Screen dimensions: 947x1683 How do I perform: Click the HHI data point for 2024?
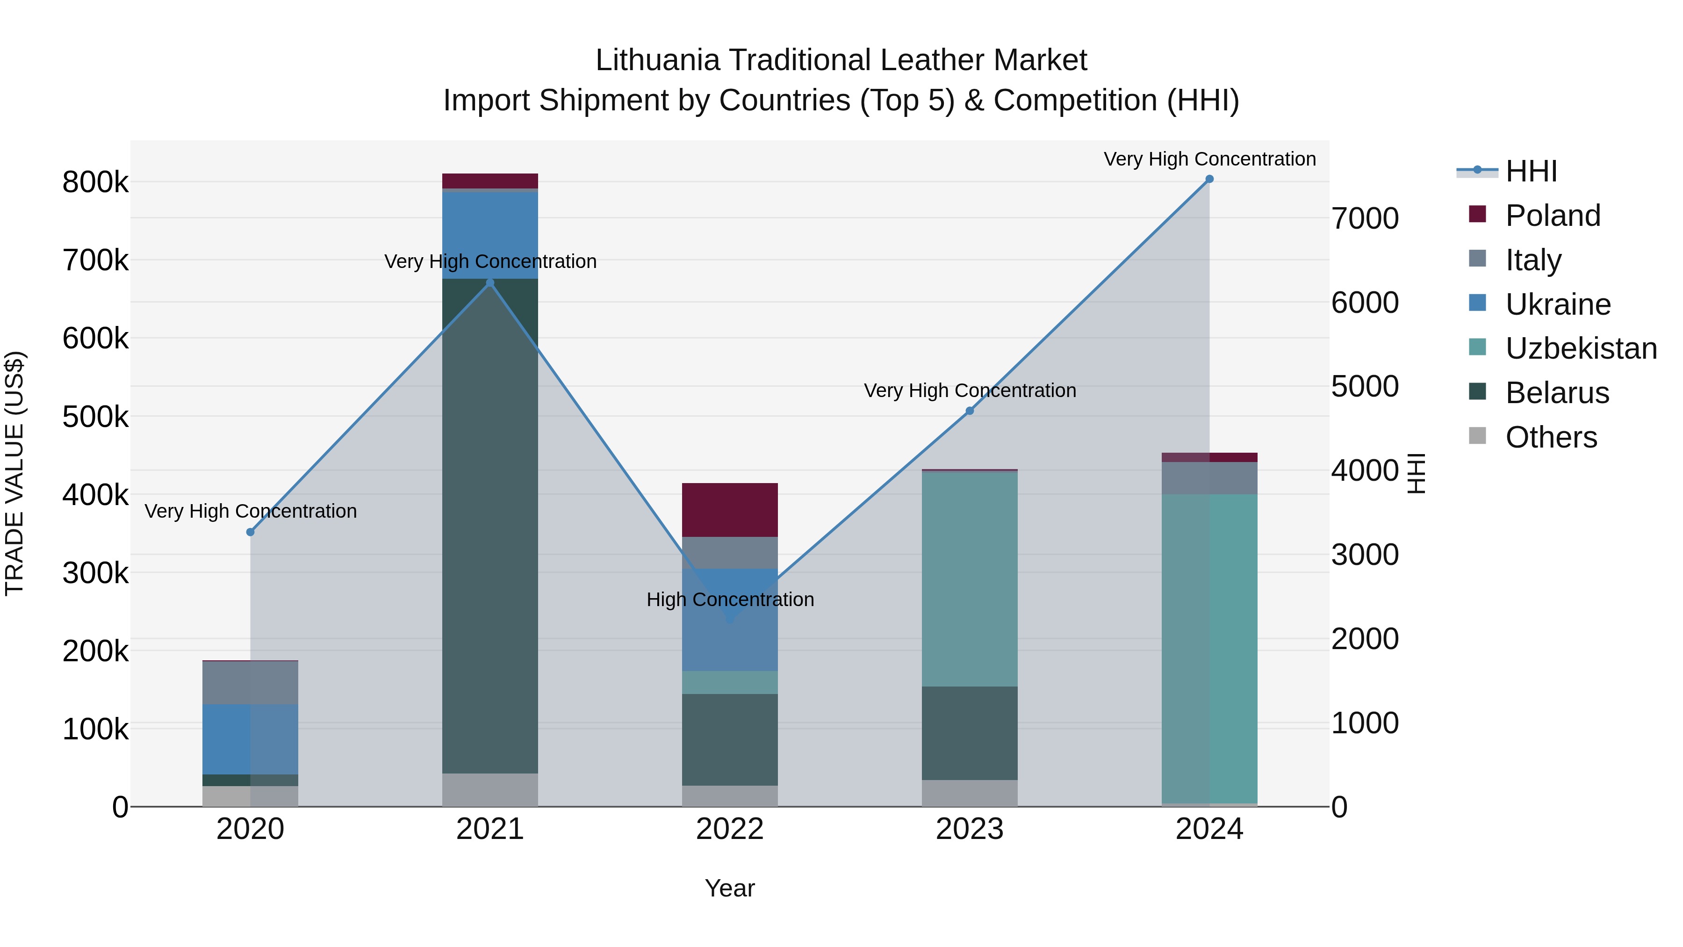1209,179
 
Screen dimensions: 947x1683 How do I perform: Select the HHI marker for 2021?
490,282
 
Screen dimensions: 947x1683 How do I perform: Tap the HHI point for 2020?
250,532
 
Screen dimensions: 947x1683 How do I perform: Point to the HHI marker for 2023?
970,411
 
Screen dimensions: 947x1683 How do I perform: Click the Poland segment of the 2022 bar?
730,510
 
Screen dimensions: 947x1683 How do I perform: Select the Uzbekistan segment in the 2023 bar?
970,578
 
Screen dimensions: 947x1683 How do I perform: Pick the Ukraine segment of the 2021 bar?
490,235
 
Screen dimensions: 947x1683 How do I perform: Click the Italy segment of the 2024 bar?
1209,478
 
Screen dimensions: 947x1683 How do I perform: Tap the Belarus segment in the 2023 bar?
970,733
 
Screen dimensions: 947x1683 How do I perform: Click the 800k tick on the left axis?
95,182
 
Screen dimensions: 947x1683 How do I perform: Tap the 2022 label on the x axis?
730,829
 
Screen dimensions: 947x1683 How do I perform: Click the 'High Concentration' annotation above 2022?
730,600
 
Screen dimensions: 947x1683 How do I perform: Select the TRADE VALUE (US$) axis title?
14,473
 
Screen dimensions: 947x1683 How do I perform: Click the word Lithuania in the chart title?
657,60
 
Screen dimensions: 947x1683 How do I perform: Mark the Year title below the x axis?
730,888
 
